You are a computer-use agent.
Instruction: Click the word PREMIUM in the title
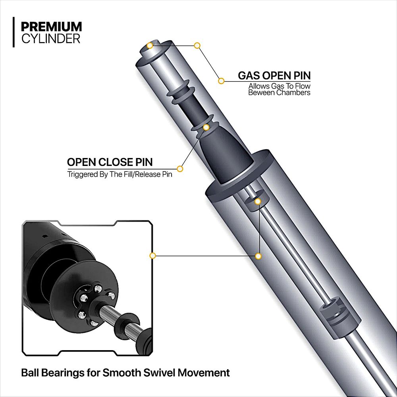(51, 27)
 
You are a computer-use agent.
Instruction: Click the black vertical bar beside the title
(14, 32)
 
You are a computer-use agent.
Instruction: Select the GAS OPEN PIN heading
(274, 75)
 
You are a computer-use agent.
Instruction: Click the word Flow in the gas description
(303, 86)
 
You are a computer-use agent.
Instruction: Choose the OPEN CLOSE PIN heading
(110, 162)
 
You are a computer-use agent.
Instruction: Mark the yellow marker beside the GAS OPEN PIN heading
(222, 81)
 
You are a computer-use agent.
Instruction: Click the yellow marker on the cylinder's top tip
(150, 45)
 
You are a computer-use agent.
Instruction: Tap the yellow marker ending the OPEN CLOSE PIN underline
(180, 169)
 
